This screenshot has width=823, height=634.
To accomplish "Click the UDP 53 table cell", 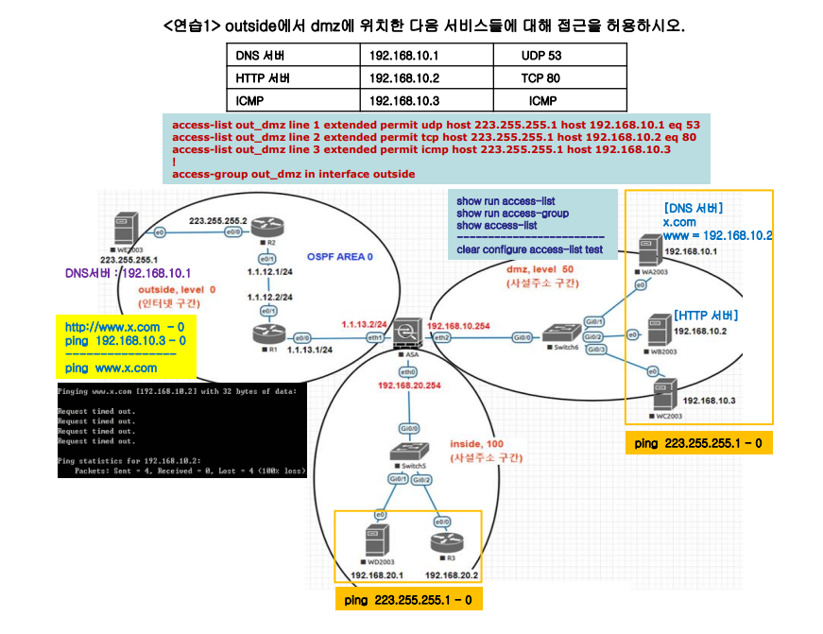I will (541, 56).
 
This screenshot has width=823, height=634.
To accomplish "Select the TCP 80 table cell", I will (540, 78).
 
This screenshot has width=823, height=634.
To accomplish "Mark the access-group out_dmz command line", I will (294, 174).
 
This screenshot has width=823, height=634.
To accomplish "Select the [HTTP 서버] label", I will (706, 315).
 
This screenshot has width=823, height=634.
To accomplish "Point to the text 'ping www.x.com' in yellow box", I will (111, 368).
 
